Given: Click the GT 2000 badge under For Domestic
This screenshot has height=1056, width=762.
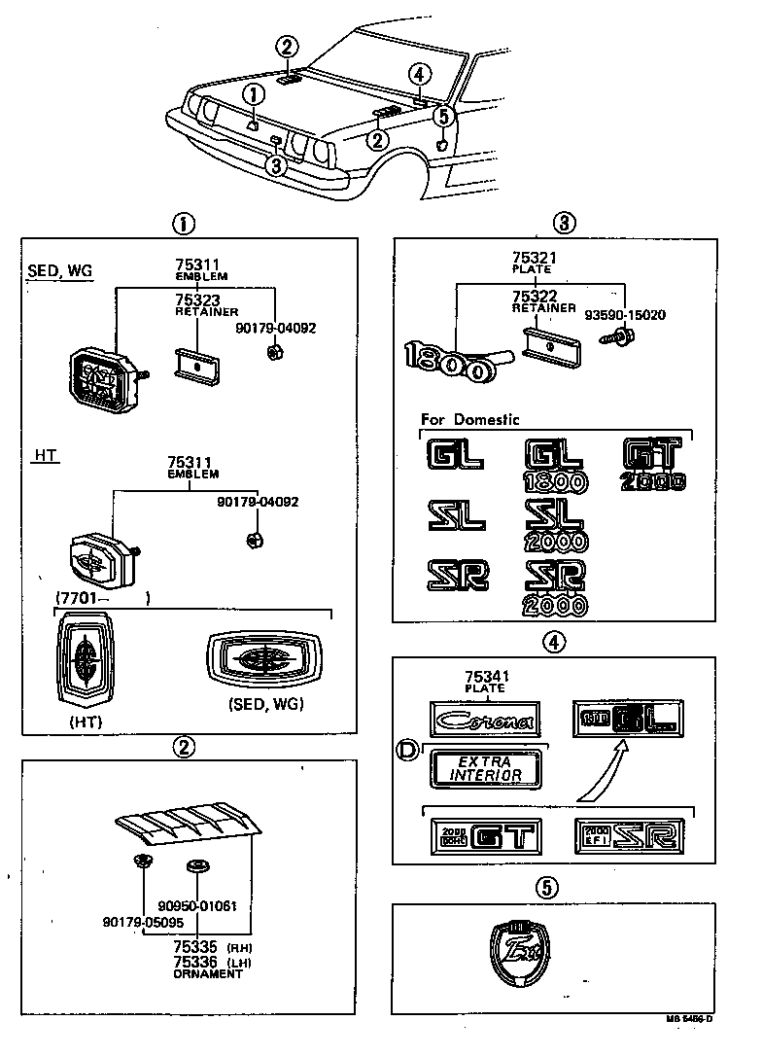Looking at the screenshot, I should tap(654, 464).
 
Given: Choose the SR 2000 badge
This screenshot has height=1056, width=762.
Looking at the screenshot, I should tap(555, 587).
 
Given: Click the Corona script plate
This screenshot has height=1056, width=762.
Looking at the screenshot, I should tap(483, 721).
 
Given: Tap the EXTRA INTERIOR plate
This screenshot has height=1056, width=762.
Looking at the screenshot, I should tap(483, 768).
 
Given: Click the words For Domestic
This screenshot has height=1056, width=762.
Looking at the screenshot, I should tap(469, 420).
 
